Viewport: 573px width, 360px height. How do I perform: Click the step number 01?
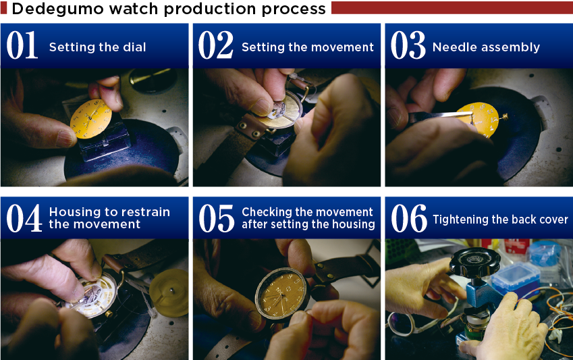[x=22, y=45]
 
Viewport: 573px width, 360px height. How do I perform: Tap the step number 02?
[x=215, y=45]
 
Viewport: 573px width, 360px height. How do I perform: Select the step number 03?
[x=408, y=45]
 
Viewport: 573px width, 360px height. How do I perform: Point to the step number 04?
[x=24, y=218]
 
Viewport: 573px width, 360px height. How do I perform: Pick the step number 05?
[x=217, y=218]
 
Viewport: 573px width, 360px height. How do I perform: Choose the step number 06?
[x=409, y=218]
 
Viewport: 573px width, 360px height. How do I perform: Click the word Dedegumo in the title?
[x=58, y=9]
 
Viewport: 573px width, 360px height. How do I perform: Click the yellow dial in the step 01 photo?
[x=90, y=119]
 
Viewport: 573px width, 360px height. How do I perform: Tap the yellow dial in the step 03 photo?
[x=478, y=120]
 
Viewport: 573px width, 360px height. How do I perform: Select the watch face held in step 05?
[x=281, y=294]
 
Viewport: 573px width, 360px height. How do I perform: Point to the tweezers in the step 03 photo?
[x=440, y=117]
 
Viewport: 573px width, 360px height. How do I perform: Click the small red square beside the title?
[x=3, y=8]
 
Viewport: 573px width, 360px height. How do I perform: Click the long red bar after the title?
[x=452, y=7]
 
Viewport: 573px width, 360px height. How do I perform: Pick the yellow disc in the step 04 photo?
[x=169, y=292]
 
